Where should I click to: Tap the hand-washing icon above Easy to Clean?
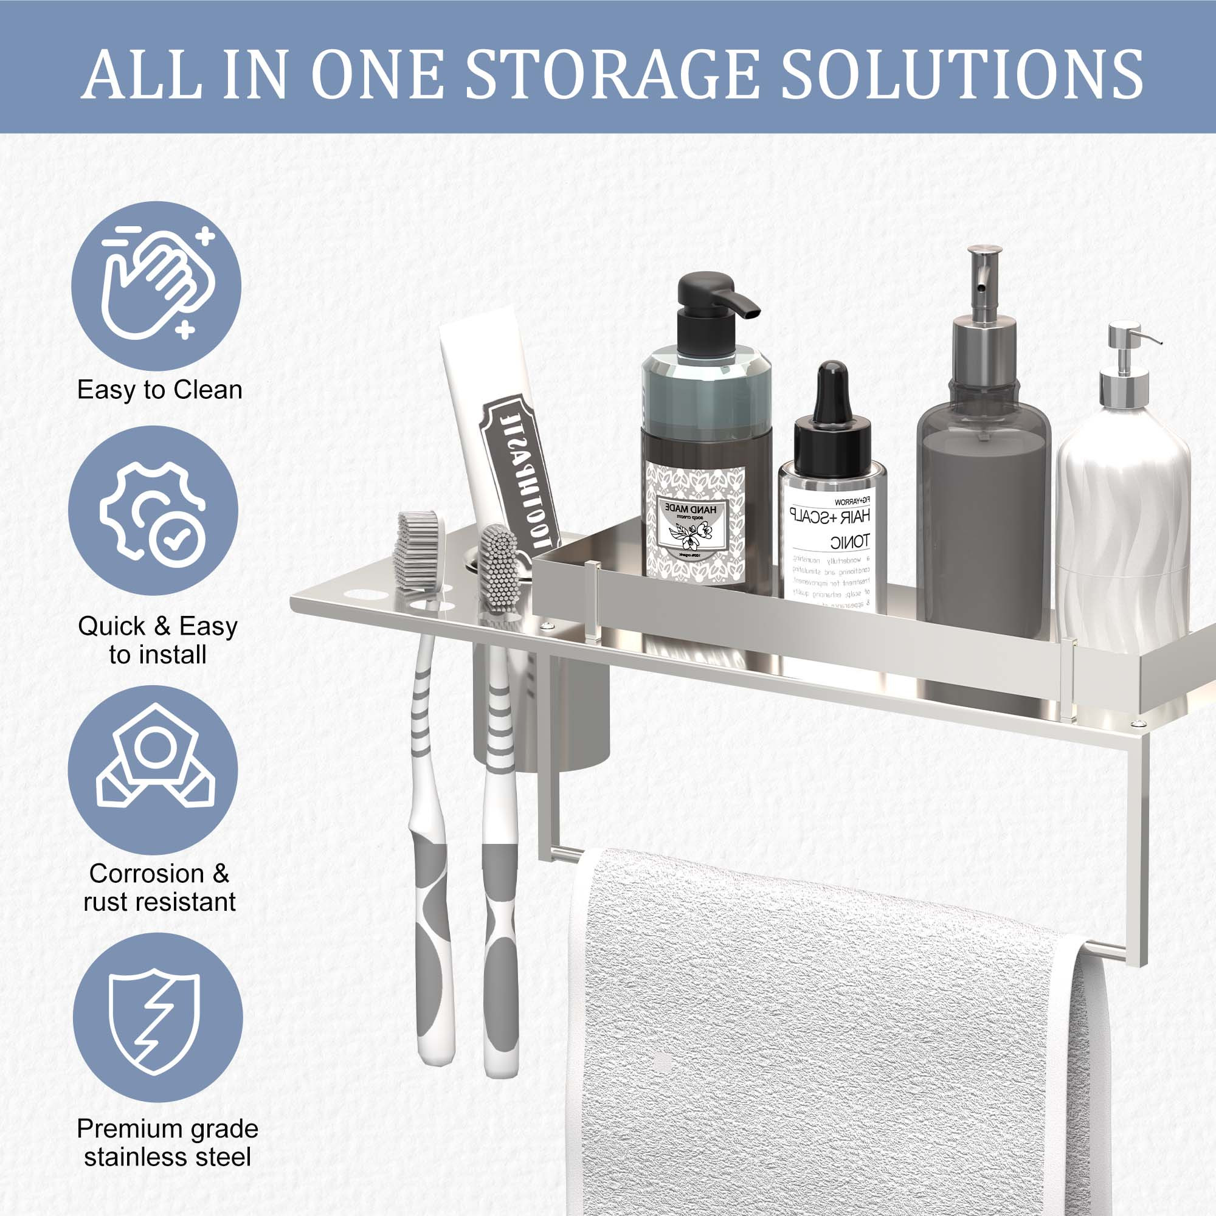(x=156, y=286)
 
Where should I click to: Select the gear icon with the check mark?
(x=154, y=511)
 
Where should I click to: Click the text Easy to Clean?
(x=160, y=390)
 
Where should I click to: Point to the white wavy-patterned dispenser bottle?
(x=1124, y=503)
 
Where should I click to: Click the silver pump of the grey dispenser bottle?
(x=985, y=296)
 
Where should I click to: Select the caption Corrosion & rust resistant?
(x=159, y=888)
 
